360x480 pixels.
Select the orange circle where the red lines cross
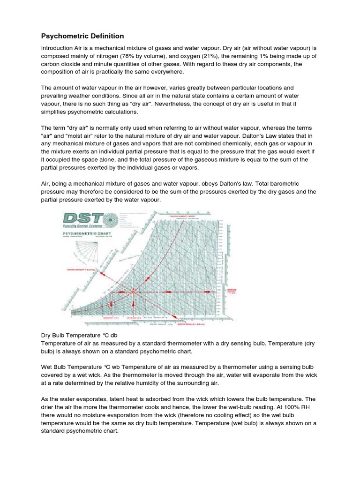(133, 291)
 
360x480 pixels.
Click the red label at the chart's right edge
(231, 291)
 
